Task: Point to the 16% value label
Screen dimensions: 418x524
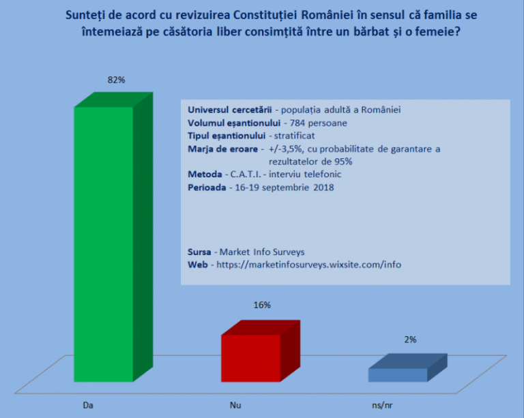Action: tap(263, 305)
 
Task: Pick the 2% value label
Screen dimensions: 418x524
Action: tap(410, 339)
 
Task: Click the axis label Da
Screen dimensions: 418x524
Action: tap(87, 406)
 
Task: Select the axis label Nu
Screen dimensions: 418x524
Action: tap(235, 406)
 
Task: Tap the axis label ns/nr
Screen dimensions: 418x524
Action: tap(382, 406)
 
